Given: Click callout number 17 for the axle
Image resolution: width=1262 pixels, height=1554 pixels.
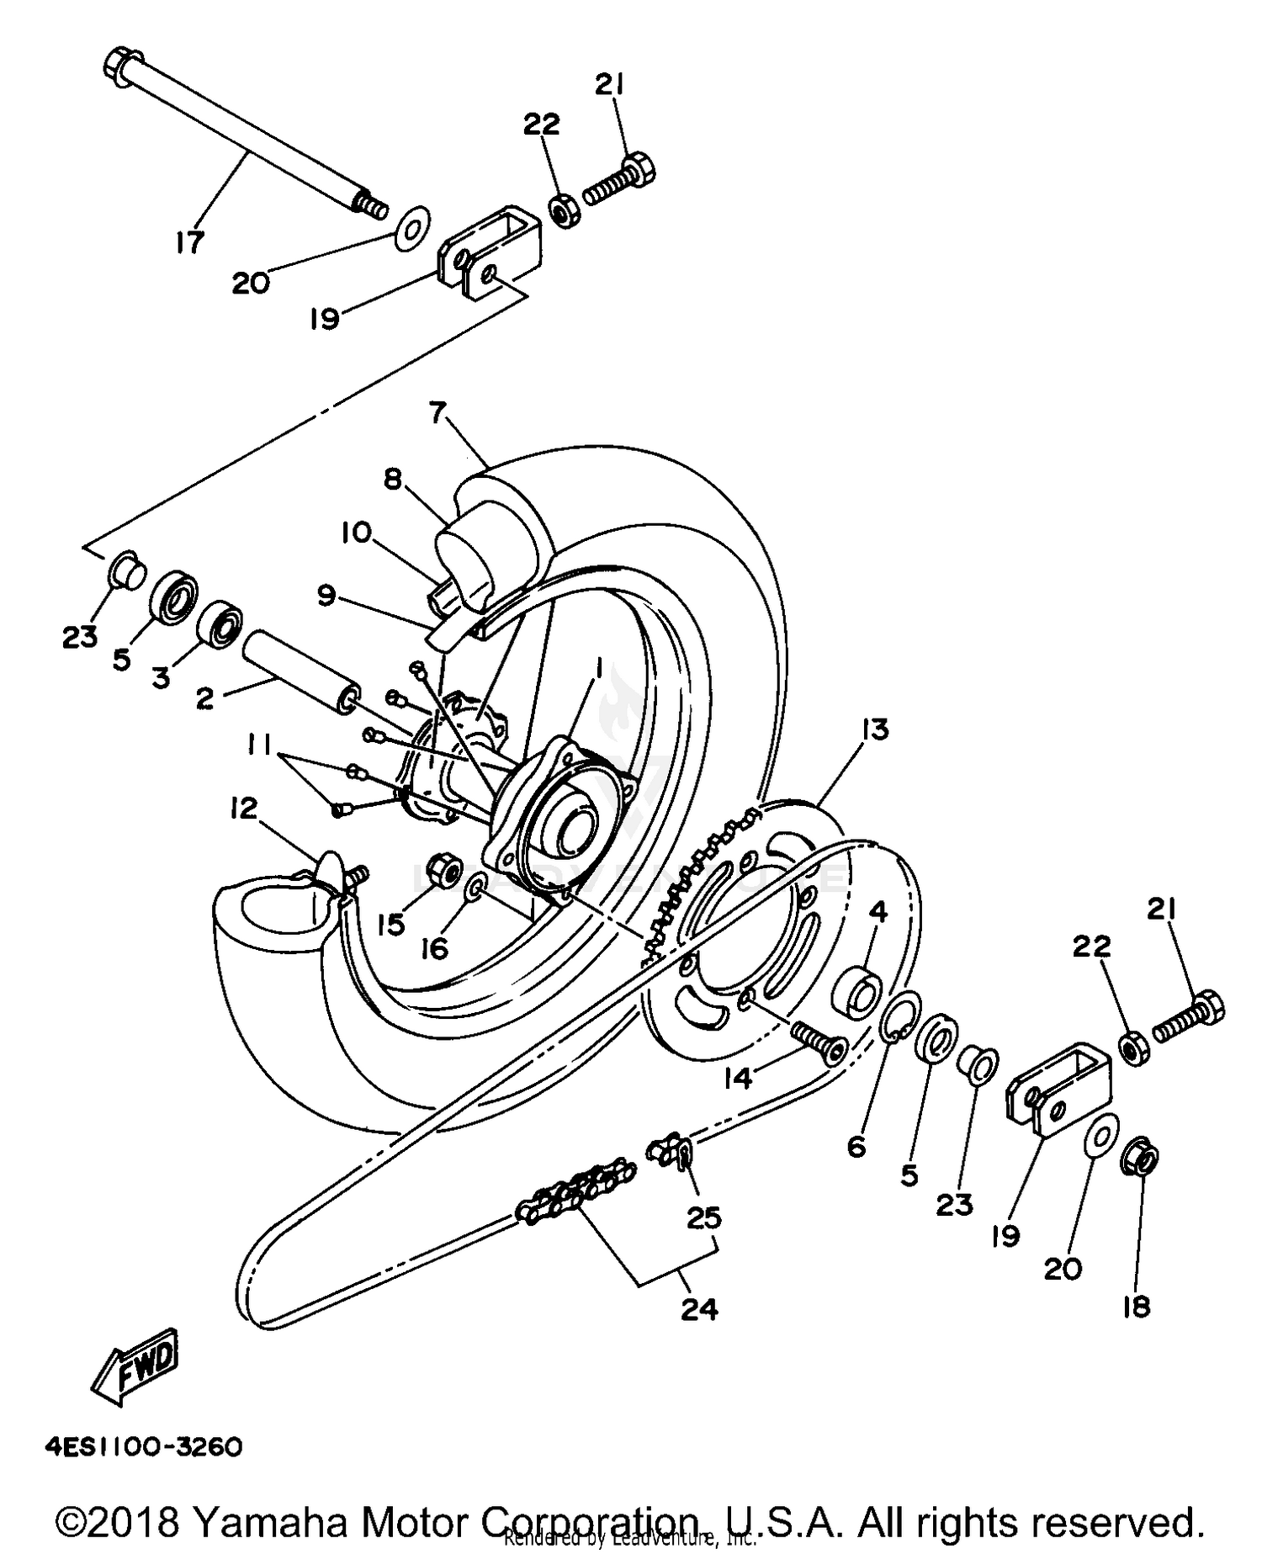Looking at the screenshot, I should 190,242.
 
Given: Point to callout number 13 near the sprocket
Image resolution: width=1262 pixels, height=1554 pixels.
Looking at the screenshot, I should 875,729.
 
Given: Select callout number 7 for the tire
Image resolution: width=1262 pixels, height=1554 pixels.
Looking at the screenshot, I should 437,413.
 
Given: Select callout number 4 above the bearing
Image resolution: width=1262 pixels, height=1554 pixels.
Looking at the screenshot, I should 878,911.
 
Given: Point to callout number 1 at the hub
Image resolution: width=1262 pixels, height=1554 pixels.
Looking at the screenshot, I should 598,667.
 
